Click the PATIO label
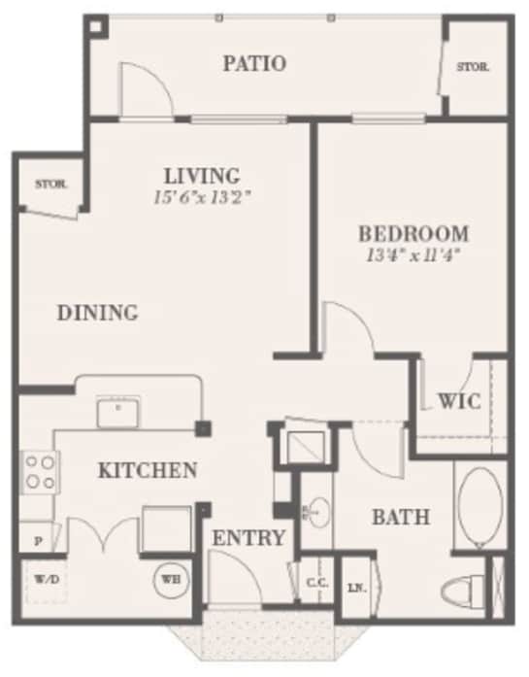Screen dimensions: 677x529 [x=254, y=64]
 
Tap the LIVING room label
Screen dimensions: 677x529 [x=202, y=176]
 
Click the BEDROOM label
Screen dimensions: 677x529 [x=413, y=233]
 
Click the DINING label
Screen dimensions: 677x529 [x=96, y=313]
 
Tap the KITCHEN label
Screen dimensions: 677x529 [x=148, y=471]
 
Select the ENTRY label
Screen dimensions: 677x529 [x=249, y=538]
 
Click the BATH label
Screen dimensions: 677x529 [x=401, y=518]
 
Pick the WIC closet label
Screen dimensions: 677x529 [x=458, y=401]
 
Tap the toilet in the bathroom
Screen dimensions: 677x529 [x=465, y=589]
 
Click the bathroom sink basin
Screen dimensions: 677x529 [x=318, y=510]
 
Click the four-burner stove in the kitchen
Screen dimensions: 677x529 [x=39, y=472]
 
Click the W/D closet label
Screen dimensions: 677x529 [x=45, y=581]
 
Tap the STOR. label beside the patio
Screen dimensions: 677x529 [x=473, y=68]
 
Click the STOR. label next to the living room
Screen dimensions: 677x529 [x=50, y=184]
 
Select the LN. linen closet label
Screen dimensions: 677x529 [x=357, y=589]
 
